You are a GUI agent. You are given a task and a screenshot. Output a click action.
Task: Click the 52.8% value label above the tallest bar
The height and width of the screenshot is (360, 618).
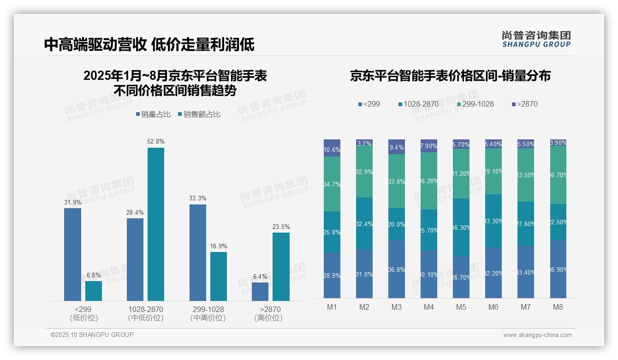coord(155,141)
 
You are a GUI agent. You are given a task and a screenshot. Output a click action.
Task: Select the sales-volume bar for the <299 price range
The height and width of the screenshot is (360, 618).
coord(72,254)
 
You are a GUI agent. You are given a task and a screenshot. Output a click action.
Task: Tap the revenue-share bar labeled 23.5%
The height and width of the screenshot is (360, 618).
coord(281,267)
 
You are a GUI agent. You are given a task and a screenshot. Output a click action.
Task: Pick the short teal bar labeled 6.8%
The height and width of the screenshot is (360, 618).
coord(94,291)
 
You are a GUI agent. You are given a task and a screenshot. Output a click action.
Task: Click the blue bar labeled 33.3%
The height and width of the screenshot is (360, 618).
coord(198,252)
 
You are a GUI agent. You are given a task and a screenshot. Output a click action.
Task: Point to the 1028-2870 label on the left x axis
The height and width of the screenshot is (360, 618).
coord(146,309)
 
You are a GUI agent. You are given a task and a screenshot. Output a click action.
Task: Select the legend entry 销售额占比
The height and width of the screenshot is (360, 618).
coord(199,114)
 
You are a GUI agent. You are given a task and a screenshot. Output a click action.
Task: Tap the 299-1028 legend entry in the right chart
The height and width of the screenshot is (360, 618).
coord(473,104)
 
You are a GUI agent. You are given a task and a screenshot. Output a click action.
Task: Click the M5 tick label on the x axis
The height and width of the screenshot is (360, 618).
coord(461,307)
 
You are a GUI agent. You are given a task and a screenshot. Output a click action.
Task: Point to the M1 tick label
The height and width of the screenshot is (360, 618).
coord(332,307)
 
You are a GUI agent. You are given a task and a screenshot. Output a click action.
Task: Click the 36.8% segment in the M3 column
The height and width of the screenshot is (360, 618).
coord(397,269)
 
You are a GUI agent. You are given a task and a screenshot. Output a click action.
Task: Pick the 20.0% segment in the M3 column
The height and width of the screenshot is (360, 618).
coord(397,224)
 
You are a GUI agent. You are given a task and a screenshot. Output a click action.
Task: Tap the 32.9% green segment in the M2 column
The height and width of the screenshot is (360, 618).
coord(364,172)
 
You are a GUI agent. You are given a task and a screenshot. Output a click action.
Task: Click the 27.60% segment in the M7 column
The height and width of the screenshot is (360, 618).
coord(526,224)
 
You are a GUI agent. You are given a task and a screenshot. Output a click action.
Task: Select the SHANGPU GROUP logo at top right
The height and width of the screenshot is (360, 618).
coord(536,39)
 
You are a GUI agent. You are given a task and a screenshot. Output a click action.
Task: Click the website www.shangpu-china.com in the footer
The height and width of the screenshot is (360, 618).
coord(537,335)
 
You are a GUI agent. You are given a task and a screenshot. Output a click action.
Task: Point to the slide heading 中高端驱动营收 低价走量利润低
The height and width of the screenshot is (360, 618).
coord(149,44)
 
